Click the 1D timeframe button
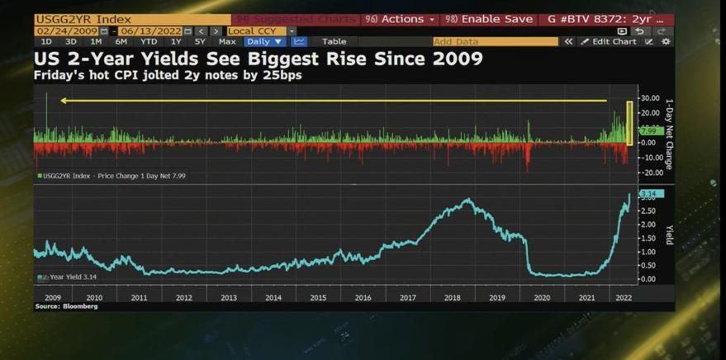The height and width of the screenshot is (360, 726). (46, 41)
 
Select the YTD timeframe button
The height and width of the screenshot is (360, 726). (149, 41)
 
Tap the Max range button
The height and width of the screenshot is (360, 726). (226, 41)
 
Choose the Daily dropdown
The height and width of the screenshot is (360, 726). (264, 41)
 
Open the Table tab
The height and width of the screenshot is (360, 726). (334, 41)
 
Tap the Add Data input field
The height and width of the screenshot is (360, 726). (495, 41)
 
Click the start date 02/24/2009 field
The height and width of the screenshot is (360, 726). (67, 31)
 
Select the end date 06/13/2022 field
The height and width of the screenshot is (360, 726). (151, 31)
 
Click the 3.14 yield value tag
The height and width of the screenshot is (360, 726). (649, 193)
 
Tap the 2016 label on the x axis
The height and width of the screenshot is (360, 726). (363, 297)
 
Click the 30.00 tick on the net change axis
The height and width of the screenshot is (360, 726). (649, 97)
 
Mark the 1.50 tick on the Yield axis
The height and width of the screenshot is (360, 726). (648, 238)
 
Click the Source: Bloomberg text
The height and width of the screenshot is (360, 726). (66, 306)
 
